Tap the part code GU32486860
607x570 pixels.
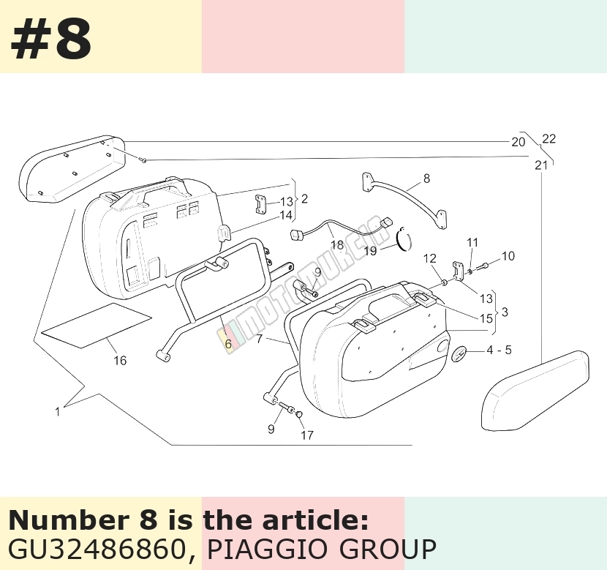click(97, 549)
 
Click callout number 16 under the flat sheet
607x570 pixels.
click(120, 361)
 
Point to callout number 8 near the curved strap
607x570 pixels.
click(426, 179)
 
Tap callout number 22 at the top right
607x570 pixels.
click(549, 138)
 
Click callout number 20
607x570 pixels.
click(519, 142)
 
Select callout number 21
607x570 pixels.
click(541, 165)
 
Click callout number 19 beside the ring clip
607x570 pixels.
click(370, 251)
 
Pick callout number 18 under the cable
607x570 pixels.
click(337, 244)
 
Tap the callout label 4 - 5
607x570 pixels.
click(499, 350)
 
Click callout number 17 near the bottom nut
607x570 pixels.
click(307, 435)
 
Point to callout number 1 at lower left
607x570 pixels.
click(57, 412)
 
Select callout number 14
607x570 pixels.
click(286, 215)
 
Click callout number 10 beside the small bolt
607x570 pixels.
click(508, 256)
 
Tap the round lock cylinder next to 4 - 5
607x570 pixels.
click(459, 354)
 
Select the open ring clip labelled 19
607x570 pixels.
click(404, 239)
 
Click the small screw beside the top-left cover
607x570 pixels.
click(143, 160)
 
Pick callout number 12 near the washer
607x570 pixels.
click(430, 258)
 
